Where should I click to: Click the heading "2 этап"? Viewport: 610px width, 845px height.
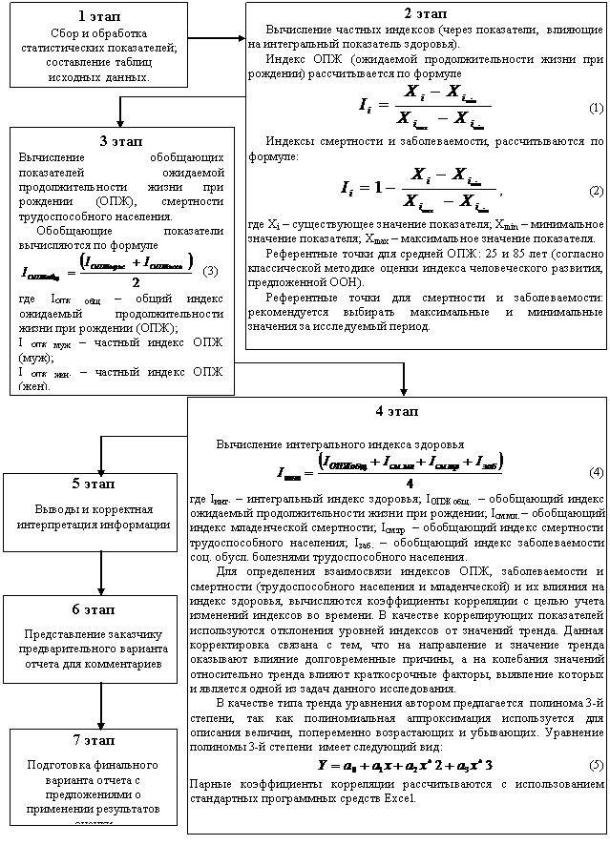425,15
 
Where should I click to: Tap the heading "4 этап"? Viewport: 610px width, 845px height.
397,411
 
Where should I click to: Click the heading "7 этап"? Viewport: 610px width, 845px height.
92,740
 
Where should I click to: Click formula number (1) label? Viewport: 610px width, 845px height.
596,107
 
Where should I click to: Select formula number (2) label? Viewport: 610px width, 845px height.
596,191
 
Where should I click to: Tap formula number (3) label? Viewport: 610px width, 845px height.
212,269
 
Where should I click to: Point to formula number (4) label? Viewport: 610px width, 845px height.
596,472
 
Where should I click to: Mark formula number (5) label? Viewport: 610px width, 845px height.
596,766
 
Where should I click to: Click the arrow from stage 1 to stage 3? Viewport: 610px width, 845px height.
121,113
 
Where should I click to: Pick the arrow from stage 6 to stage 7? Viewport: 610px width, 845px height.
100,706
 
